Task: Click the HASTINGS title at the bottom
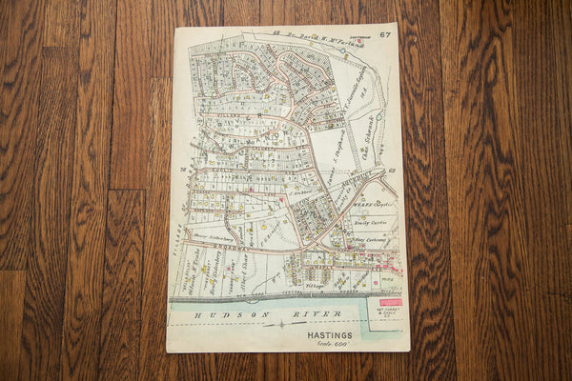click(x=330, y=334)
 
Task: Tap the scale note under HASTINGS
click(x=329, y=344)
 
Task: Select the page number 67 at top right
click(x=384, y=35)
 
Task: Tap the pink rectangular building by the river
click(x=391, y=302)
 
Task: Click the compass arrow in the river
click(x=276, y=325)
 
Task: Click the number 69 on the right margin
click(x=391, y=170)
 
